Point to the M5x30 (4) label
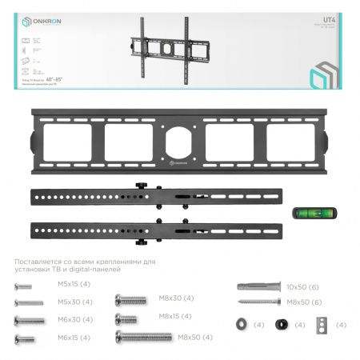76,302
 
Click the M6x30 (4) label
75,320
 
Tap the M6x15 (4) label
75,338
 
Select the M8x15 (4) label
176,317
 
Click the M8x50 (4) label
196,338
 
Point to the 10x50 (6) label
303,286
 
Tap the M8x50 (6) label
305,302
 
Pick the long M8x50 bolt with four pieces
144,338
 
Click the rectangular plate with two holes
322,325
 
